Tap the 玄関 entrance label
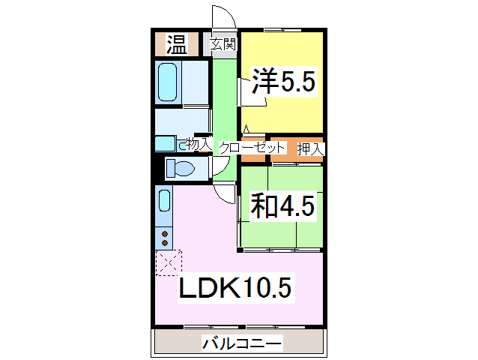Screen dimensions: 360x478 point(223,43)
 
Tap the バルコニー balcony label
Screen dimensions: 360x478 point(241,344)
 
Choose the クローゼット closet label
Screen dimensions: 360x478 point(252,148)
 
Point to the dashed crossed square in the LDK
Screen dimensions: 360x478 point(168,263)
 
